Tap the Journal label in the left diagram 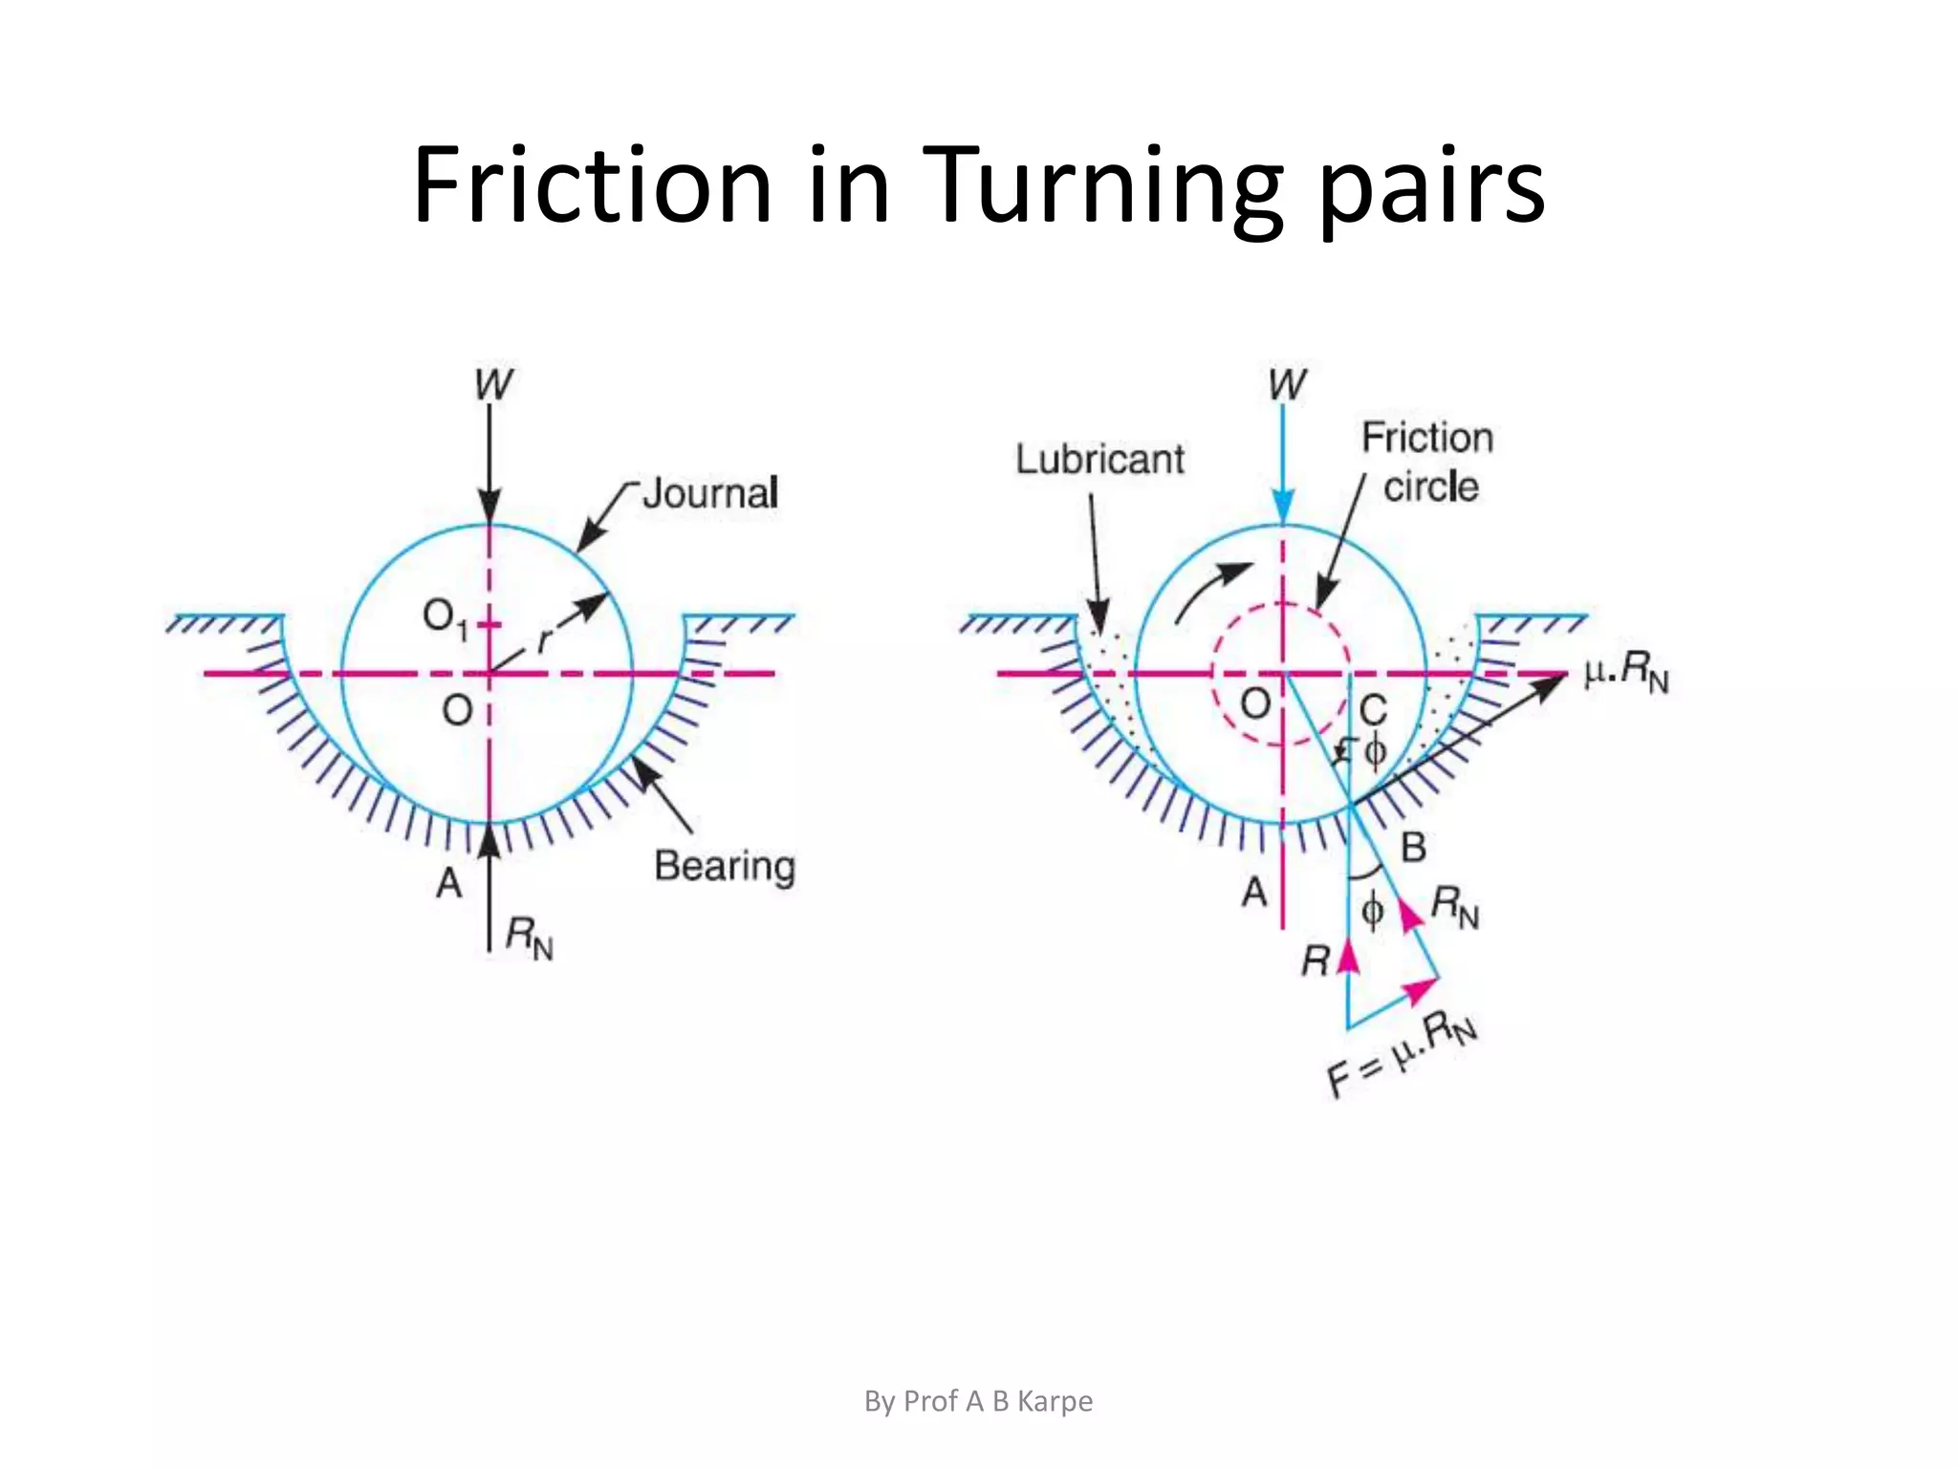709,493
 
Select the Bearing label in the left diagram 724,866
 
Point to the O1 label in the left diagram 445,618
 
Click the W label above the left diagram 493,385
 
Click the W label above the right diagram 1286,385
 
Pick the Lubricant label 1099,460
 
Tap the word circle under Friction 1430,487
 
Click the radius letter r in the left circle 545,638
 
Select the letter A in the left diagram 448,883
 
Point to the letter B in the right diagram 1413,847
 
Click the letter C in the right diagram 1373,710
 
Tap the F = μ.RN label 1402,1055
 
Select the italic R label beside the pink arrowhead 1316,961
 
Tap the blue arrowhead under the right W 1283,506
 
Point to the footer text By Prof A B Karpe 978,1401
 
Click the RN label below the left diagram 529,937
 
